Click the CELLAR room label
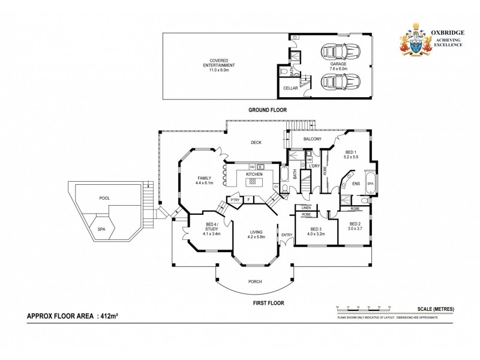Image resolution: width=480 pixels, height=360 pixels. [x=291, y=88]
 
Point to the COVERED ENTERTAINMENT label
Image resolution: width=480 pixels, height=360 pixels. [x=219, y=68]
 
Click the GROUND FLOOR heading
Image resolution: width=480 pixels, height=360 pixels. [x=268, y=110]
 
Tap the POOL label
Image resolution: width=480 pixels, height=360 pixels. [x=104, y=198]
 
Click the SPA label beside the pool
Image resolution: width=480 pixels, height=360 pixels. [x=101, y=229]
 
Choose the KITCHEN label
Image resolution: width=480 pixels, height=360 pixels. [x=254, y=174]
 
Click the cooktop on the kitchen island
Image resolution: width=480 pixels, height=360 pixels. [x=253, y=181]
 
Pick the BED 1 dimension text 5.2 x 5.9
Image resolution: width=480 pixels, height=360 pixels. [x=350, y=157]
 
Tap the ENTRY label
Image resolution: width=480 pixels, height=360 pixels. [x=286, y=234]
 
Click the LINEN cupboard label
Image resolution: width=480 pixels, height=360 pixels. [x=306, y=208]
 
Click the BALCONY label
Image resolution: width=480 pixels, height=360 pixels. [x=312, y=139]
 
